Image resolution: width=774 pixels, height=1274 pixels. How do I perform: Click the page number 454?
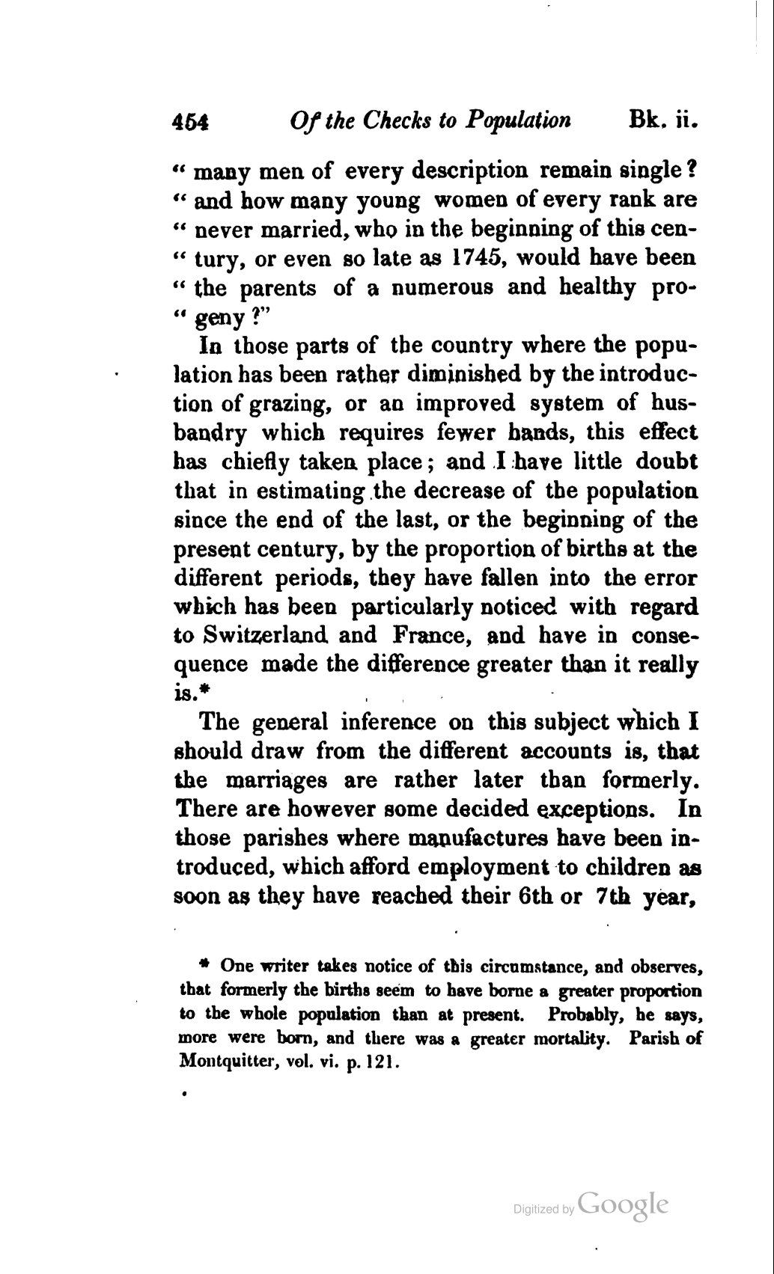click(x=192, y=122)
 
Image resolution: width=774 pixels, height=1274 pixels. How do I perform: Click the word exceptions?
click(x=604, y=810)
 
